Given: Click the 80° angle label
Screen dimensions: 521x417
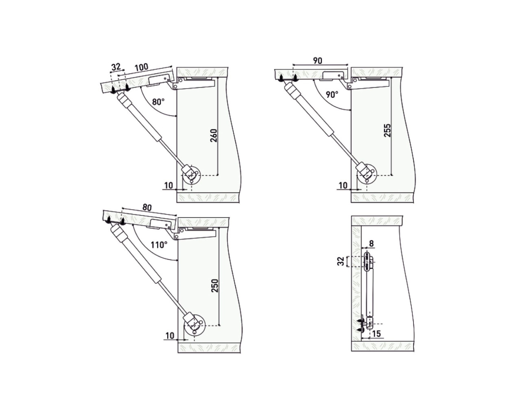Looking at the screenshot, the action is tap(158, 102).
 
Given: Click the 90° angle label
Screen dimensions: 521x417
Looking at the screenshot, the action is tap(332, 94).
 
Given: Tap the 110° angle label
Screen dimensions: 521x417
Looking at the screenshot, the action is tap(159, 245).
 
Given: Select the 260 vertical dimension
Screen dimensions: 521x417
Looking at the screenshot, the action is tap(214, 136).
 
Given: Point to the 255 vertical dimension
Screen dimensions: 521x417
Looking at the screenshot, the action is tap(387, 130).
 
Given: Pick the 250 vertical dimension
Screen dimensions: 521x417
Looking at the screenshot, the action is tap(215, 286).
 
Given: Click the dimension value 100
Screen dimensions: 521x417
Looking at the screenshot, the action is tap(141, 67).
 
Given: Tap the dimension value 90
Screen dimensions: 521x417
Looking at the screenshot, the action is tap(317, 61).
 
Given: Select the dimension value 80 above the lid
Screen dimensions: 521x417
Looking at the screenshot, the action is tap(147, 208).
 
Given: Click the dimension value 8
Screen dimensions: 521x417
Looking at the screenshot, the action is tap(372, 243).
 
